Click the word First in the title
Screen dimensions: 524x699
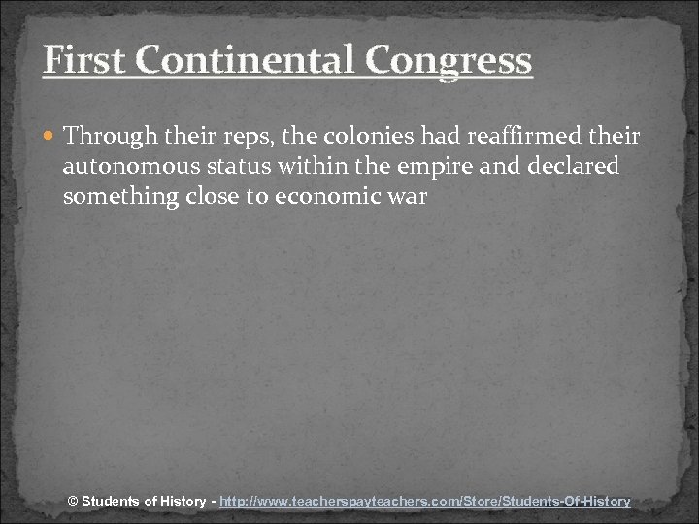pyautogui.click(x=84, y=60)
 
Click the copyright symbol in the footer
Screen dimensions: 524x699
pyautogui.click(x=73, y=502)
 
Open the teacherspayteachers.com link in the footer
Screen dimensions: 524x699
pyautogui.click(x=425, y=502)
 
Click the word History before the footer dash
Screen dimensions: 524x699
pyautogui.click(x=182, y=502)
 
